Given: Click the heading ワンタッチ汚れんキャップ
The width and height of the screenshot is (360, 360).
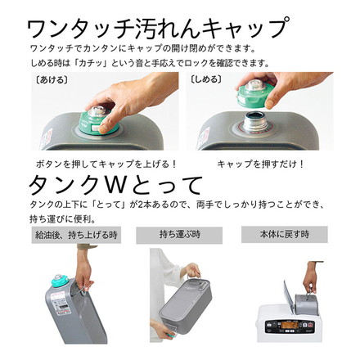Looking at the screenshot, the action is click(x=158, y=27).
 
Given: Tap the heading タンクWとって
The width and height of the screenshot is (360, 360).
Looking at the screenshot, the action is click(x=115, y=186).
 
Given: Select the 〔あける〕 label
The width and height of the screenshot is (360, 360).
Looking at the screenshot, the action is click(x=52, y=80).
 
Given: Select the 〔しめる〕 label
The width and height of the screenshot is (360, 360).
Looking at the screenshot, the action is click(x=205, y=79).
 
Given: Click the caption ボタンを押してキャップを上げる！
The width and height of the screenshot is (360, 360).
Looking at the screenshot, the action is click(x=106, y=164).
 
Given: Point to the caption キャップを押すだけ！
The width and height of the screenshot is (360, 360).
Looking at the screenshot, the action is click(x=260, y=164).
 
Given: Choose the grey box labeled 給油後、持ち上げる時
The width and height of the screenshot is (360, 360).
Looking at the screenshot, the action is click(x=76, y=235).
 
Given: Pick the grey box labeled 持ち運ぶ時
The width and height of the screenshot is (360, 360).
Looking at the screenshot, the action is click(x=179, y=235).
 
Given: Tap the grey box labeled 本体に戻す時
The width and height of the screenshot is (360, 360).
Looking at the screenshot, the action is click(x=285, y=234).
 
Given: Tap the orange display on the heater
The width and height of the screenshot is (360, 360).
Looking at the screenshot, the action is click(x=290, y=325).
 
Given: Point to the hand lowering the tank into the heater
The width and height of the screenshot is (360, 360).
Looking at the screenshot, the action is click(x=311, y=277).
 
